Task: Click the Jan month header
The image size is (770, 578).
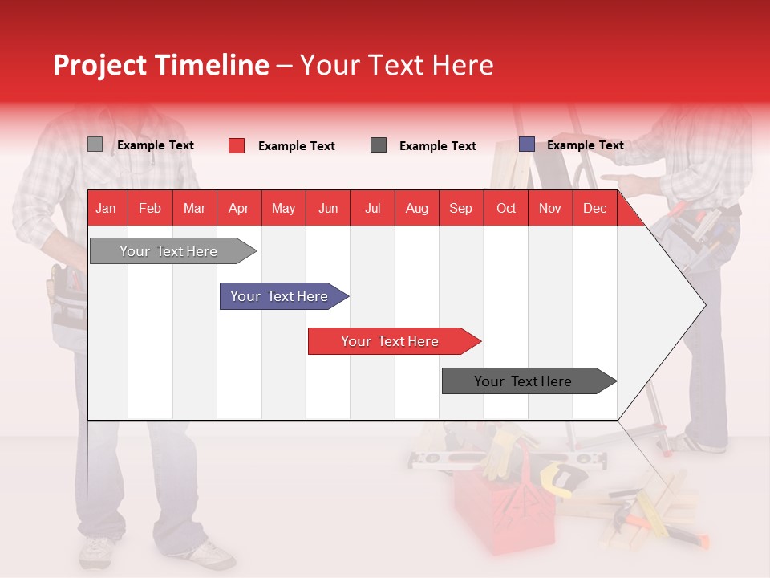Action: pyautogui.click(x=106, y=209)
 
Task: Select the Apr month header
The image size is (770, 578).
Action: pyautogui.click(x=239, y=209)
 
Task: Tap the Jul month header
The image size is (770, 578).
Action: pyautogui.click(x=373, y=209)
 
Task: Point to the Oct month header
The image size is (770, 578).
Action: pyautogui.click(x=506, y=209)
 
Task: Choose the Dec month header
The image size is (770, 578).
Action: pyautogui.click(x=594, y=209)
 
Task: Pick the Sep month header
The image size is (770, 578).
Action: pyautogui.click(x=460, y=209)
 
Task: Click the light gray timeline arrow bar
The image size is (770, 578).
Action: pyautogui.click(x=173, y=251)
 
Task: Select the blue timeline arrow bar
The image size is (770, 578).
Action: pyautogui.click(x=284, y=296)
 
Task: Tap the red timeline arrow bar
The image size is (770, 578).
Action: pyautogui.click(x=395, y=341)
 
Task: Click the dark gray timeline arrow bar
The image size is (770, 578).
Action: pyautogui.click(x=529, y=381)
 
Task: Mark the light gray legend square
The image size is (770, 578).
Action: pyautogui.click(x=95, y=144)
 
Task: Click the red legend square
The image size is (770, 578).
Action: pyautogui.click(x=237, y=145)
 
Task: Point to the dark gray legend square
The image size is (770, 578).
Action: pyautogui.click(x=379, y=145)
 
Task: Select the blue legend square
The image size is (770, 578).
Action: pyautogui.click(x=527, y=144)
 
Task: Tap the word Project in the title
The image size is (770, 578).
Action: pyautogui.click(x=99, y=66)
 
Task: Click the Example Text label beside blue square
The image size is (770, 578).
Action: pyautogui.click(x=586, y=145)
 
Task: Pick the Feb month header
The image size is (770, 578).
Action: pyautogui.click(x=150, y=209)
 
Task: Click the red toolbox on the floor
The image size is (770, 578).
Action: pyautogui.click(x=504, y=511)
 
